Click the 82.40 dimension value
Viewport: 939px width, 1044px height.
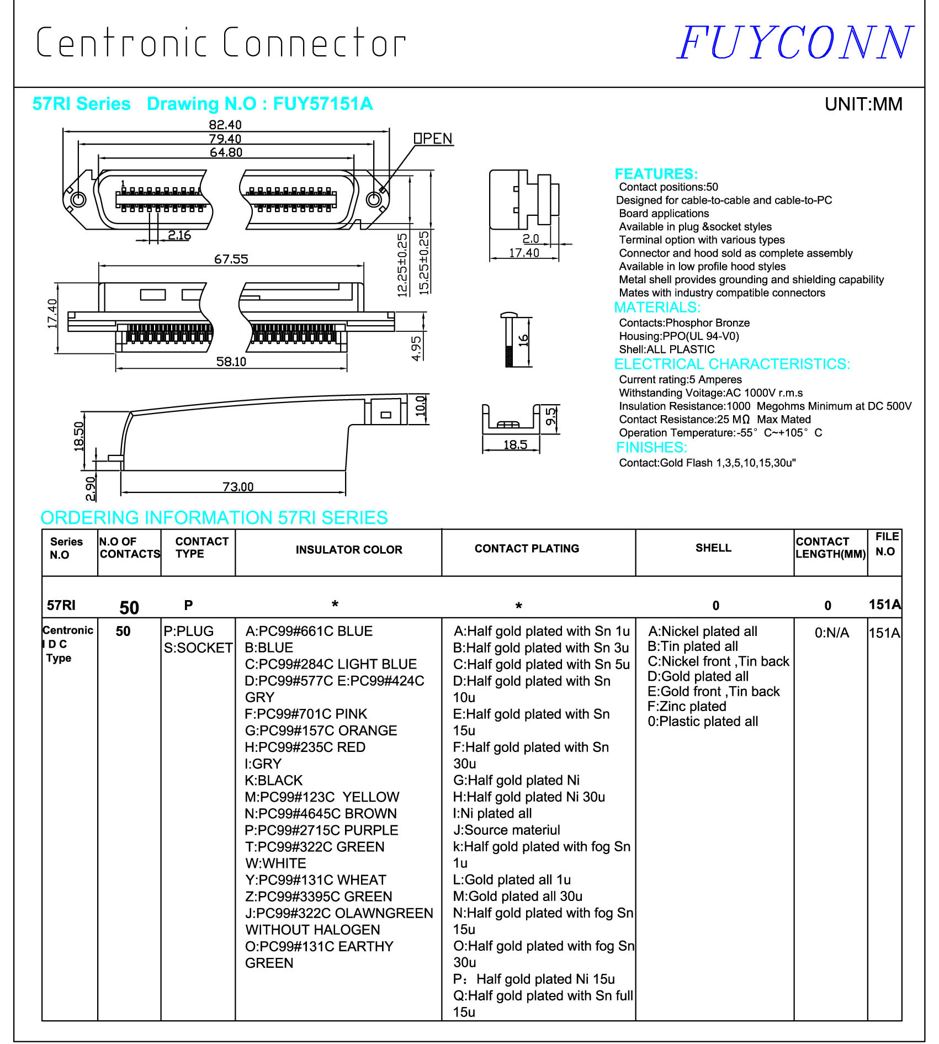pos(225,125)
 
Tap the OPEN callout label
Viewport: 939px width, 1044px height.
pos(433,139)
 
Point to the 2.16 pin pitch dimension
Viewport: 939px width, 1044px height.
pos(179,235)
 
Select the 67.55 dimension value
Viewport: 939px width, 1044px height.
pos(231,259)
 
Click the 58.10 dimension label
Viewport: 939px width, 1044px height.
pos(231,362)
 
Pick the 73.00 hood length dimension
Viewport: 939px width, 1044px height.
pos(238,486)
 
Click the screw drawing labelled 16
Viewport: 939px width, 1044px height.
pos(509,340)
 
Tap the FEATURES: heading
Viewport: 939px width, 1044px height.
pos(656,174)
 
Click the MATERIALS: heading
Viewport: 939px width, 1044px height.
pos(657,307)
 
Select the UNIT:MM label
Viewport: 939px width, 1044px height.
pos(863,104)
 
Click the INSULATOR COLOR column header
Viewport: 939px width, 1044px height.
pos(349,549)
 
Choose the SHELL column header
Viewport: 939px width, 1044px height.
pos(713,548)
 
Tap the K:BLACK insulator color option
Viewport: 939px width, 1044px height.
pos(274,780)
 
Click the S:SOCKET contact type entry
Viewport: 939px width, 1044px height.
pos(198,648)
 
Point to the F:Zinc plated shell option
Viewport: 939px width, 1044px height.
pos(687,706)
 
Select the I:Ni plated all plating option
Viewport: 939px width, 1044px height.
pos(492,813)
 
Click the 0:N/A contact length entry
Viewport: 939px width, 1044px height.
pos(831,633)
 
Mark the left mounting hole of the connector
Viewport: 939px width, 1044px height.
pos(78,199)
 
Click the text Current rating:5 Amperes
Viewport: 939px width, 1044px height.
pos(680,379)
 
